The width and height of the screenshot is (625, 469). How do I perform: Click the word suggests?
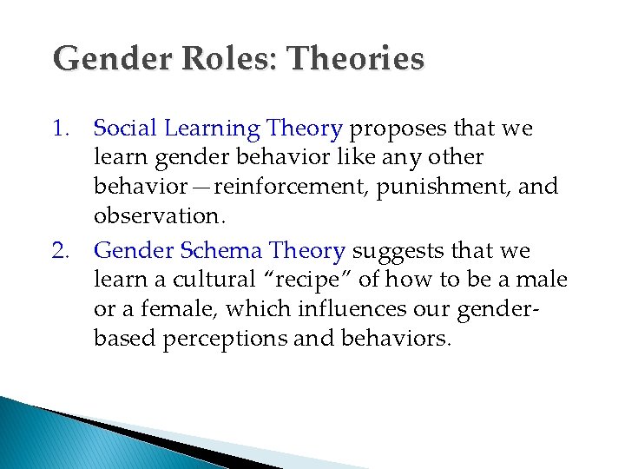coord(398,251)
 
